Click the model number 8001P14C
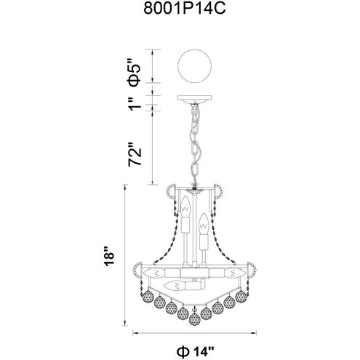pyautogui.click(x=185, y=9)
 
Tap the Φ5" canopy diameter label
pyautogui.click(x=135, y=72)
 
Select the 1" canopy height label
pyautogui.click(x=135, y=104)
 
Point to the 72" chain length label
pyautogui.click(x=135, y=154)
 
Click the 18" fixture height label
pyautogui.click(x=109, y=257)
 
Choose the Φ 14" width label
pyautogui.click(x=196, y=351)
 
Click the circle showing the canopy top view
pyautogui.click(x=194, y=66)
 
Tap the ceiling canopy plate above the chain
pyautogui.click(x=194, y=98)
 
